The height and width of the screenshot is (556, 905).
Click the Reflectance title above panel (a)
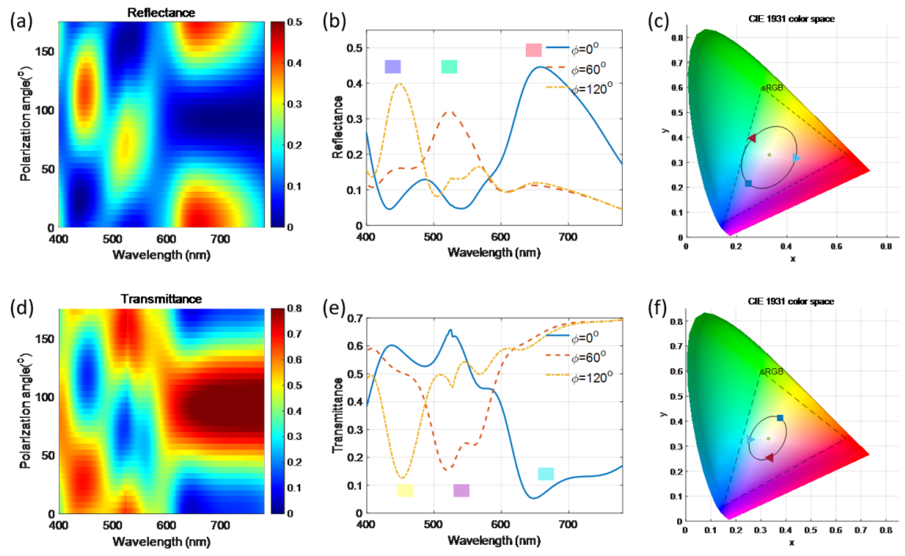[161, 13]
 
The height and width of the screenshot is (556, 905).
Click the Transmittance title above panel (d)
[161, 299]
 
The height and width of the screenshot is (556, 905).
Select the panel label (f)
[657, 308]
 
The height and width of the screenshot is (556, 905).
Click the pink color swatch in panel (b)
[534, 50]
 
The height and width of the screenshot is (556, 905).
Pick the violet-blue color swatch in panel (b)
[392, 66]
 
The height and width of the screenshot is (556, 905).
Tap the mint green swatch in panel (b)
[449, 66]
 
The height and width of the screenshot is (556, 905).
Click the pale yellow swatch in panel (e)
[405, 490]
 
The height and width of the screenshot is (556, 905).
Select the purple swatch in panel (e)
[461, 490]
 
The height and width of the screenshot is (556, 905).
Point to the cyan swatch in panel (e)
[546, 474]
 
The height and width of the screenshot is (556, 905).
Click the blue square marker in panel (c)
[748, 184]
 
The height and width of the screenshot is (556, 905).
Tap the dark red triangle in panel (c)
[752, 138]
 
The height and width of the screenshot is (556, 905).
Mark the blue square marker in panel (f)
[780, 418]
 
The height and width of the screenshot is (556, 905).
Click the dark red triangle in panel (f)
[769, 458]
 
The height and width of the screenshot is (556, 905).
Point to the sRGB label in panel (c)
[772, 88]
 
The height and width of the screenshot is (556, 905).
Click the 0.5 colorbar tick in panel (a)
[295, 22]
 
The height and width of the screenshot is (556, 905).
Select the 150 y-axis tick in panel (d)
[45, 339]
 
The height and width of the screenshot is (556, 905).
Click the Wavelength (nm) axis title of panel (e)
[494, 540]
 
